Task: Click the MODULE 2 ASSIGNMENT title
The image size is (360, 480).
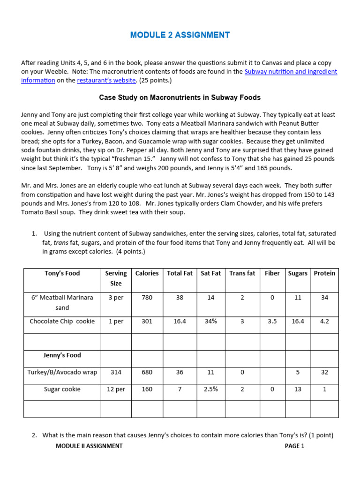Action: (180, 35)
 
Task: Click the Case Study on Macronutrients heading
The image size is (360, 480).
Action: (180, 97)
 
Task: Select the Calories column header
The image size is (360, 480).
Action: (147, 273)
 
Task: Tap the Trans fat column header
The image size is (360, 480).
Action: (242, 273)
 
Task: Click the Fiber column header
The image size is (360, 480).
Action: (272, 273)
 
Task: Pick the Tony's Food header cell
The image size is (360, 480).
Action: (62, 273)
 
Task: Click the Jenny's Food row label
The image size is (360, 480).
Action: (62, 355)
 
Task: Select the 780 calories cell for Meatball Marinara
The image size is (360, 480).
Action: (147, 298)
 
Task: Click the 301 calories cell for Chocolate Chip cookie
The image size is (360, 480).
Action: (147, 322)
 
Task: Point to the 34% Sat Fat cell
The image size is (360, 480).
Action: (210, 322)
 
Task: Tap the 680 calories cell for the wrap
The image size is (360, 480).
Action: (147, 372)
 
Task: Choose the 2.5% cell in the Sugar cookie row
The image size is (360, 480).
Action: (210, 389)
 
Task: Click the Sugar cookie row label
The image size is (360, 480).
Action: (62, 389)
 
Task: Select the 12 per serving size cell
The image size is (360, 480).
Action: (116, 389)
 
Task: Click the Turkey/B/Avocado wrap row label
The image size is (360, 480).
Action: (62, 372)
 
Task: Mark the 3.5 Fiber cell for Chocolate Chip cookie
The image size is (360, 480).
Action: (272, 322)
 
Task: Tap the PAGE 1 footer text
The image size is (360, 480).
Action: (294, 446)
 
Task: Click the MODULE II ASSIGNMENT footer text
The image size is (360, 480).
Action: (89, 446)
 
